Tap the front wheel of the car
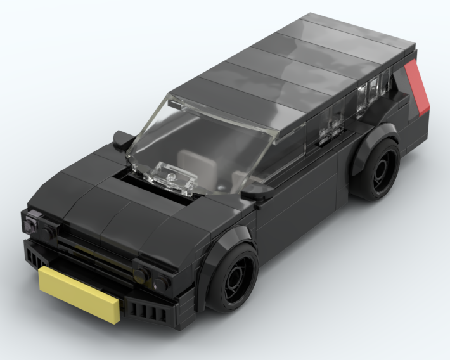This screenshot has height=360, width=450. pos(234,277)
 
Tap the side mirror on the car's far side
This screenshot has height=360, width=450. pos(122,136)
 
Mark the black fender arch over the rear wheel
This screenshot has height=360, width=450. pos(371,142)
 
